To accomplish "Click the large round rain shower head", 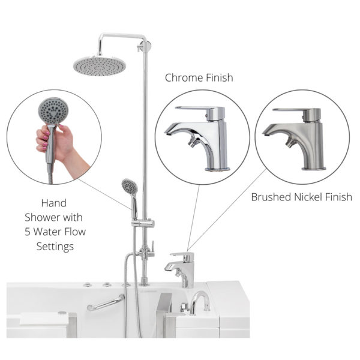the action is (100, 66).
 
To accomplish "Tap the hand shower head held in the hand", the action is (53, 112).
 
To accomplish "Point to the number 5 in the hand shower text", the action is (28, 232).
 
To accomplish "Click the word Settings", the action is (55, 247).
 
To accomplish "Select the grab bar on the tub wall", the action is (106, 303).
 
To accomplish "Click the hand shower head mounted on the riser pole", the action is (130, 186).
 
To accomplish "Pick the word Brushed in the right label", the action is (271, 197).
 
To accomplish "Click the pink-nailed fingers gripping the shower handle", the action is (43, 139).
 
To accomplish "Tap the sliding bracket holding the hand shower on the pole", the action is (143, 223).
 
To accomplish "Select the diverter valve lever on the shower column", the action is (152, 247).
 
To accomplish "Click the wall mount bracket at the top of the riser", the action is (145, 46).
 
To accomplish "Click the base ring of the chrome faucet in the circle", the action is (217, 169).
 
